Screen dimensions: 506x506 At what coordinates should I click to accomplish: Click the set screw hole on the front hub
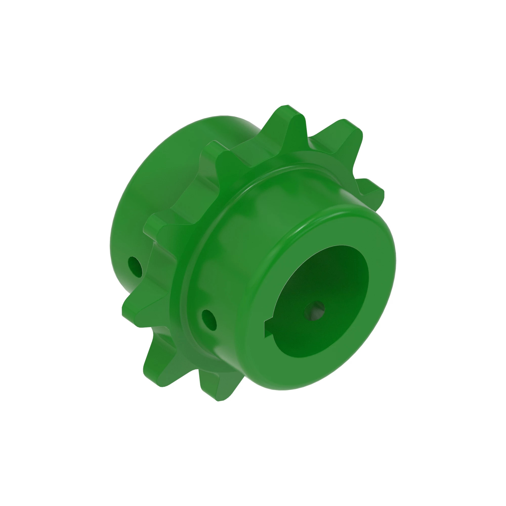coord(209,320)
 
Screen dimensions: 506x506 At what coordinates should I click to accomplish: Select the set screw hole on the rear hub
coord(135,267)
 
